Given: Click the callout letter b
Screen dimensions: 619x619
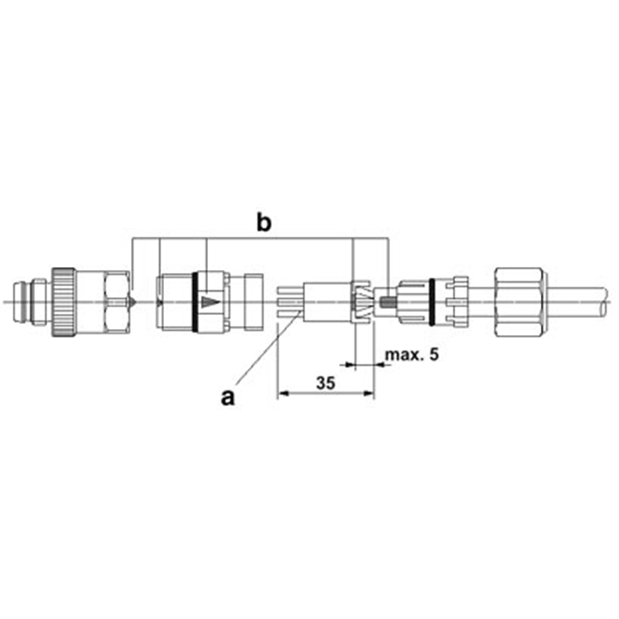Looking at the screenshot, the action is tap(264, 223).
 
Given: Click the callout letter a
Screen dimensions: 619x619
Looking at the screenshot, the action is tap(227, 397).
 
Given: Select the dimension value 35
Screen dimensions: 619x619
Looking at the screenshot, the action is tap(326, 383).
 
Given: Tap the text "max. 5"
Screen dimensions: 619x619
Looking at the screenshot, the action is tap(412, 354).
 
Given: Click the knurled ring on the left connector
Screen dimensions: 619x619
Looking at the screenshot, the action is tap(63, 303).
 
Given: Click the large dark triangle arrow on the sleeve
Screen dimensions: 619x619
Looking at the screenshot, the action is tap(210, 302).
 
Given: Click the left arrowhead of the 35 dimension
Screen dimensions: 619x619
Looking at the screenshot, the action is tap(283, 393).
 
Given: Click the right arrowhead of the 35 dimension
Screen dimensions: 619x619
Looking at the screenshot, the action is tap(368, 393).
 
